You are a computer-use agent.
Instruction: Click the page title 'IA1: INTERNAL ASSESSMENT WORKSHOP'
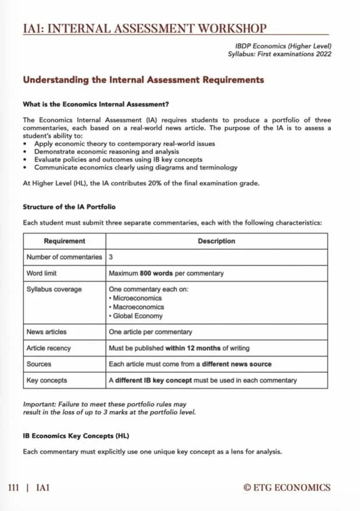pyautogui.click(x=144, y=28)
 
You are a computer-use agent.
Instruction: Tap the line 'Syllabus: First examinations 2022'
pyautogui.click(x=280, y=54)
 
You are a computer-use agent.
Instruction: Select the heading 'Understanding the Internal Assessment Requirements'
pyautogui.click(x=143, y=80)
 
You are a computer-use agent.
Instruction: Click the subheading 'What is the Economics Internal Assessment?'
pyautogui.click(x=96, y=105)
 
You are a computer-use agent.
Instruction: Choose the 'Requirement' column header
pyautogui.click(x=64, y=241)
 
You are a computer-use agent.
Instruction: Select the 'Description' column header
pyautogui.click(x=216, y=241)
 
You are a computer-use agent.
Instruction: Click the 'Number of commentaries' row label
pyautogui.click(x=64, y=257)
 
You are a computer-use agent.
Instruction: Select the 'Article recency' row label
pyautogui.click(x=49, y=348)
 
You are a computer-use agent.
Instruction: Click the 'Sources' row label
pyautogui.click(x=39, y=364)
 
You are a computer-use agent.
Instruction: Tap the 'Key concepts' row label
pyautogui.click(x=47, y=380)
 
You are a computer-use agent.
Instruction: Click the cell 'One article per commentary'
pyautogui.click(x=150, y=332)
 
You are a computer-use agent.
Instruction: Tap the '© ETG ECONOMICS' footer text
pyautogui.click(x=287, y=488)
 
